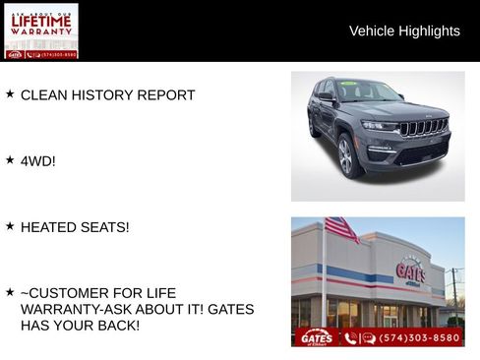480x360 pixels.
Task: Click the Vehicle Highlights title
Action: click(x=404, y=31)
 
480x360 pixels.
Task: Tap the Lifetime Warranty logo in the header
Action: click(x=41, y=30)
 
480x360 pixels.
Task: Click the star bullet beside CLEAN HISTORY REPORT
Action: click(x=10, y=93)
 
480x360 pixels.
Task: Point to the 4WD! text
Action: click(x=38, y=160)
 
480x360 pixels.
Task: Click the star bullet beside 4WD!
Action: click(x=10, y=158)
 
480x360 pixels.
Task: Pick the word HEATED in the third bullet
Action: click(x=48, y=227)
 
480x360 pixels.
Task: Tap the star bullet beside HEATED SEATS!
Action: click(x=10, y=225)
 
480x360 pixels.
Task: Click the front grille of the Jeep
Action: click(x=423, y=127)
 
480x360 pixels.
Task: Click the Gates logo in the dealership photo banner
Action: click(x=316, y=337)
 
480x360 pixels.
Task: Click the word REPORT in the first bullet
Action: click(x=169, y=95)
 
